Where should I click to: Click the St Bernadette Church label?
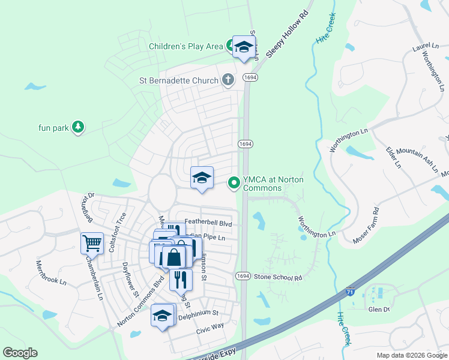[179, 79]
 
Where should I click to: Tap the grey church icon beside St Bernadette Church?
[228, 79]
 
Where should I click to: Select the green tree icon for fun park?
[77, 127]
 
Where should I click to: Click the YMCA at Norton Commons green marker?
[234, 182]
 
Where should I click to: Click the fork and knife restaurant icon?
[181, 278]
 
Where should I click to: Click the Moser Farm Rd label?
[367, 224]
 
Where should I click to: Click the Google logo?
[20, 353]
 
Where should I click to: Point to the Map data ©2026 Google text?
[412, 355]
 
